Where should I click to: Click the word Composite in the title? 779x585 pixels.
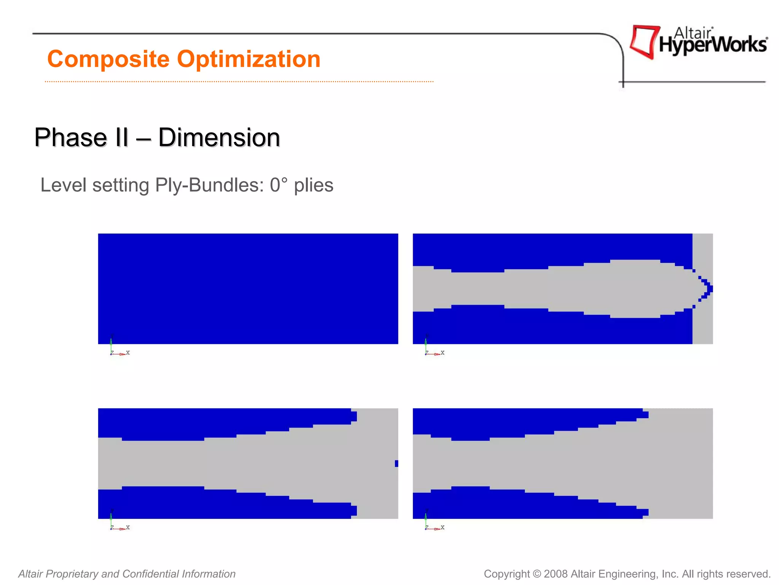(108, 59)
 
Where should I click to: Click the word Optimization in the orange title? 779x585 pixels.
(249, 59)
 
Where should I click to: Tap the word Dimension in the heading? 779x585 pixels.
(219, 137)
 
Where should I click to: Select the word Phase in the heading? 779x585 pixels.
(70, 137)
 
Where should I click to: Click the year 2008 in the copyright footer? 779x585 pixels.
(556, 574)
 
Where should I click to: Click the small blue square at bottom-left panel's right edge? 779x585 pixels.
(396, 464)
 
